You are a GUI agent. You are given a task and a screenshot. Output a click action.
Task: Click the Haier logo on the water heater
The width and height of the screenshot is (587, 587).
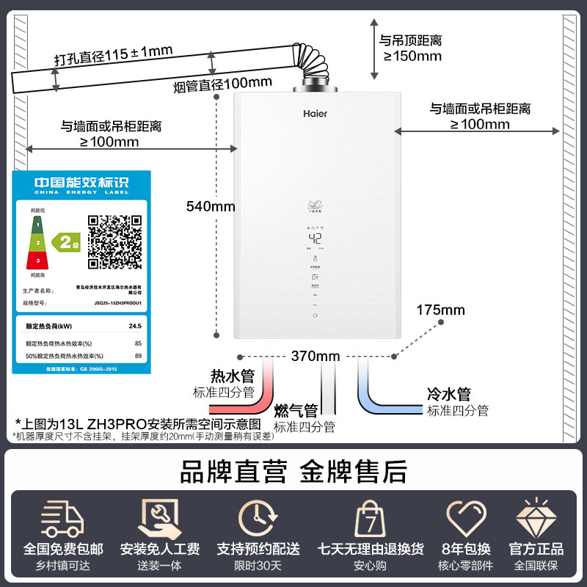tap(316, 114)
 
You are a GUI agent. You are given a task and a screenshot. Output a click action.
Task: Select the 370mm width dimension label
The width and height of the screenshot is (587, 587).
tap(315, 357)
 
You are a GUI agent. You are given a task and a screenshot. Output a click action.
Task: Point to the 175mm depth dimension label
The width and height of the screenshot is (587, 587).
tap(440, 310)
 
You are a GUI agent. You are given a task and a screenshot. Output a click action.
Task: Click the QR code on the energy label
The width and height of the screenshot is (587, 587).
tap(114, 241)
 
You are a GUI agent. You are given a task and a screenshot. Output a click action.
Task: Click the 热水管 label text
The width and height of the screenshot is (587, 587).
tap(232, 376)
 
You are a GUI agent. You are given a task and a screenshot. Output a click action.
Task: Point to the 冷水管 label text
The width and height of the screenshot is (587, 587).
tap(448, 395)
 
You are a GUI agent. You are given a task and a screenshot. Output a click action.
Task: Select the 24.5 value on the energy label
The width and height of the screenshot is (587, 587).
tap(134, 325)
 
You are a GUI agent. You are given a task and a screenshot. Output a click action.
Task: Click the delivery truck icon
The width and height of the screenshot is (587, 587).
tap(62, 519)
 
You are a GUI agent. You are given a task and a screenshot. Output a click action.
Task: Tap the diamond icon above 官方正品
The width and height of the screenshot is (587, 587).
tap(536, 519)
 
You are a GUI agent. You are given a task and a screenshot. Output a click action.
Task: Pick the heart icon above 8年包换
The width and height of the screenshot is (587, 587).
tap(466, 518)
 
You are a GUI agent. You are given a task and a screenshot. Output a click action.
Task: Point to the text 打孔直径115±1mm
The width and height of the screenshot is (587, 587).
tap(113, 55)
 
